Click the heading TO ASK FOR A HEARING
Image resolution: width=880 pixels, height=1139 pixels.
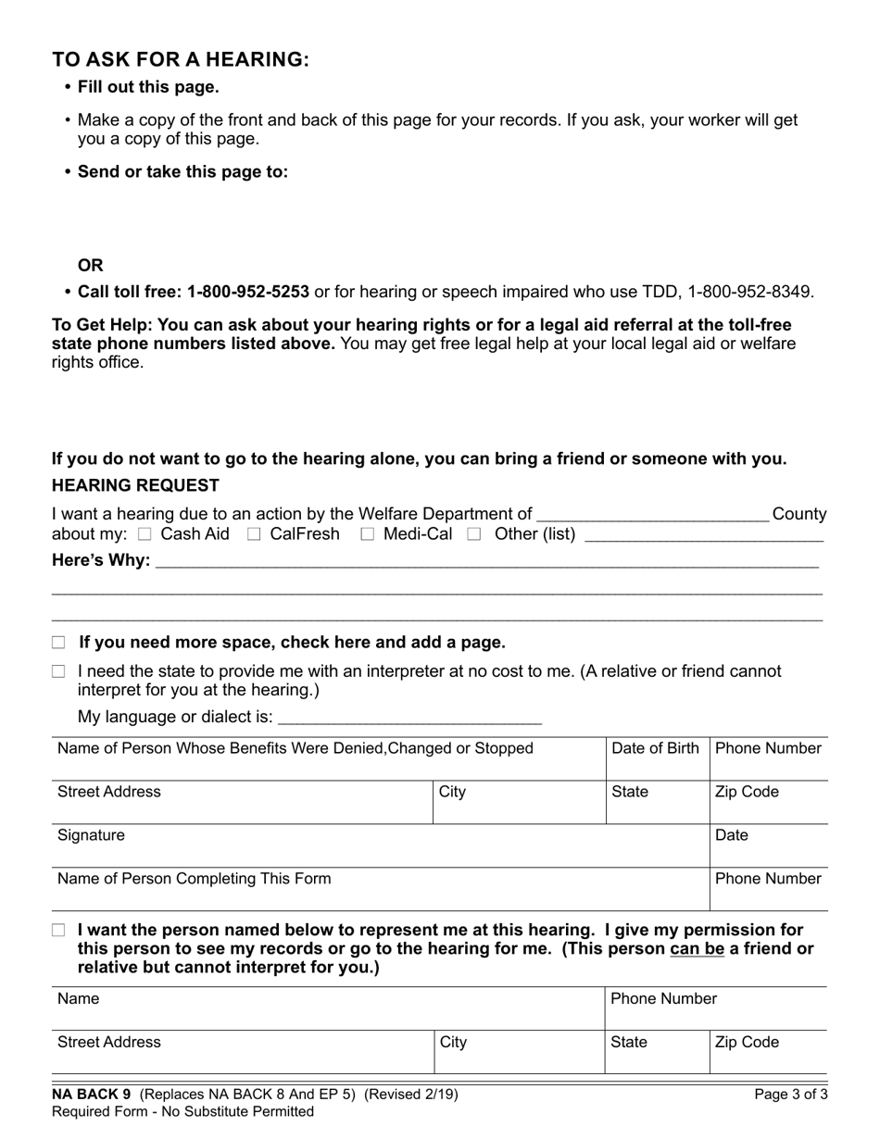point(181,59)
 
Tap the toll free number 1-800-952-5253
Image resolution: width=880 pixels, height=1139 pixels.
point(247,292)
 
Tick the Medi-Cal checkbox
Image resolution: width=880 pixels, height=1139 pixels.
point(367,534)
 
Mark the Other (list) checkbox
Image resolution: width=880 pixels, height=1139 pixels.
point(474,534)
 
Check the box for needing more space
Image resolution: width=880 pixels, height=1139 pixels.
point(59,643)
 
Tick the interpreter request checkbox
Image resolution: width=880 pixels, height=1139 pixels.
point(59,671)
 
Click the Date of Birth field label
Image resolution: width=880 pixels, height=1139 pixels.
point(655,748)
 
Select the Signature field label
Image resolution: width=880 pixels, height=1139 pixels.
point(91,835)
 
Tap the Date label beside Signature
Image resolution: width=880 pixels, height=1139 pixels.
point(731,835)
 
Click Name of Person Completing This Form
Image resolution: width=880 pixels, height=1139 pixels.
point(194,879)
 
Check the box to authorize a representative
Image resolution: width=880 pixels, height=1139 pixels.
point(59,930)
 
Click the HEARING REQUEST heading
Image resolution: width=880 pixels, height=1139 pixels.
point(135,485)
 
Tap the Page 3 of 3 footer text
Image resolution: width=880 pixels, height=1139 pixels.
point(791,1095)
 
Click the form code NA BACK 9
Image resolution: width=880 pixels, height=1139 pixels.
point(92,1095)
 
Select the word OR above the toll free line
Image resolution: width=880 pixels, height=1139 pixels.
point(91,265)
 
